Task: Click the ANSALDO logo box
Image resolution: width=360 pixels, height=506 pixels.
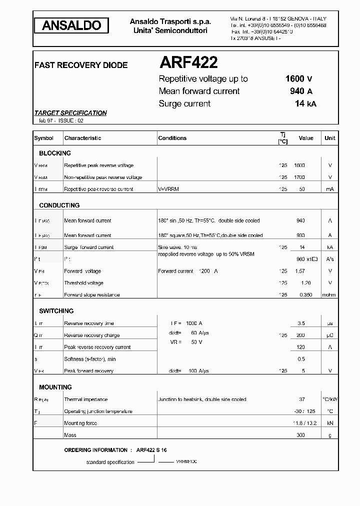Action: coord(71,25)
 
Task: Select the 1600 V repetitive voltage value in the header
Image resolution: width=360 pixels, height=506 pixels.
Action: coord(298,78)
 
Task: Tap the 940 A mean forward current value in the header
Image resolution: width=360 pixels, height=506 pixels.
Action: coord(301,91)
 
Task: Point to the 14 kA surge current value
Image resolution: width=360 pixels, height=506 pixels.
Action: coord(305,103)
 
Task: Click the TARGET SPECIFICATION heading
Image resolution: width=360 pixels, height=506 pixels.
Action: coord(70,113)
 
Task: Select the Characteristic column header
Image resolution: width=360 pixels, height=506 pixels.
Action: coord(82,138)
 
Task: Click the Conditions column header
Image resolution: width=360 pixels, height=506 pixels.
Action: coord(172,138)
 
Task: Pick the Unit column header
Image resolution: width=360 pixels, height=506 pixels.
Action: coord(330,138)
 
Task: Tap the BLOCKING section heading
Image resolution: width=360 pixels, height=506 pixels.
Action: coord(55,153)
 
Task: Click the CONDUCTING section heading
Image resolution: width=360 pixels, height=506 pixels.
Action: coord(59,205)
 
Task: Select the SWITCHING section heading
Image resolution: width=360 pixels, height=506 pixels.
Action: coord(56,311)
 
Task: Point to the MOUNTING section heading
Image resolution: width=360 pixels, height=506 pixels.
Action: coord(55,387)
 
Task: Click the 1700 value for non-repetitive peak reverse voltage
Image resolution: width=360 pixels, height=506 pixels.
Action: coord(299,177)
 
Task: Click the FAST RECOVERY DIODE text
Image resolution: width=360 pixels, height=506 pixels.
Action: coord(80,65)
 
